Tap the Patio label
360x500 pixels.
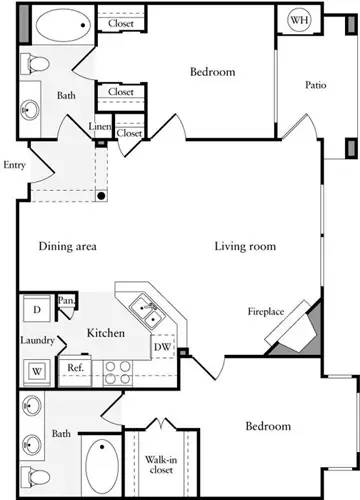(316, 85)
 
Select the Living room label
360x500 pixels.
(245, 246)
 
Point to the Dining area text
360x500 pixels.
(68, 246)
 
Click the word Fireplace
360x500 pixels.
(266, 312)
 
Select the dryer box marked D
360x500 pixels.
(36, 308)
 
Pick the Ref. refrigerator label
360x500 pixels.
(76, 367)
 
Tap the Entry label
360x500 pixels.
(15, 165)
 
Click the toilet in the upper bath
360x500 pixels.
(36, 65)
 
